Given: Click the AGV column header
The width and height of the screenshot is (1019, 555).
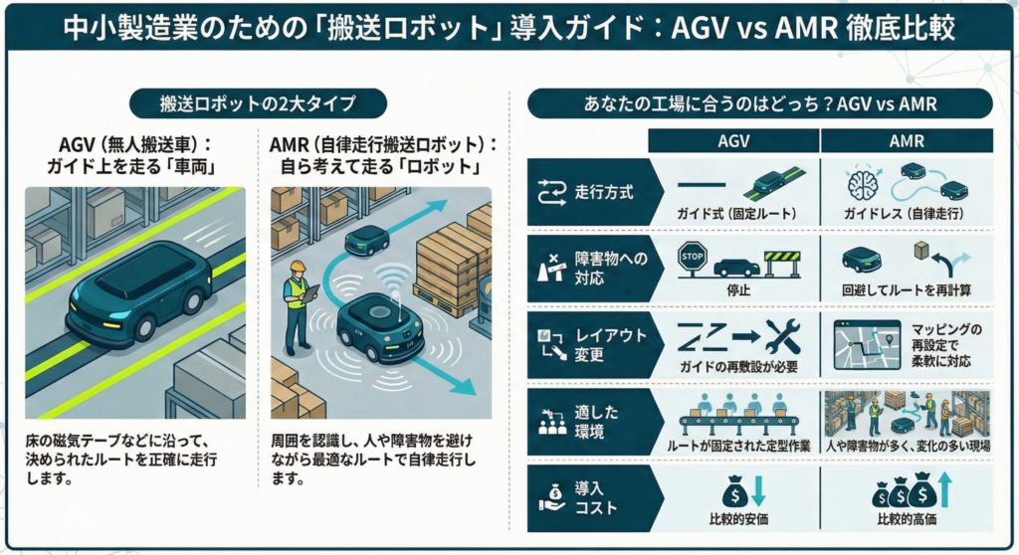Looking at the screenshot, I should coord(733,142).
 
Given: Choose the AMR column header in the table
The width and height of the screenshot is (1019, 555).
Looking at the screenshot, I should coord(905,142).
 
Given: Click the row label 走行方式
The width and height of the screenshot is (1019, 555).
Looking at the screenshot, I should coord(604,186).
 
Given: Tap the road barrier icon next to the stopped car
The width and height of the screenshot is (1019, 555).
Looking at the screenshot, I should coord(781,262).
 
